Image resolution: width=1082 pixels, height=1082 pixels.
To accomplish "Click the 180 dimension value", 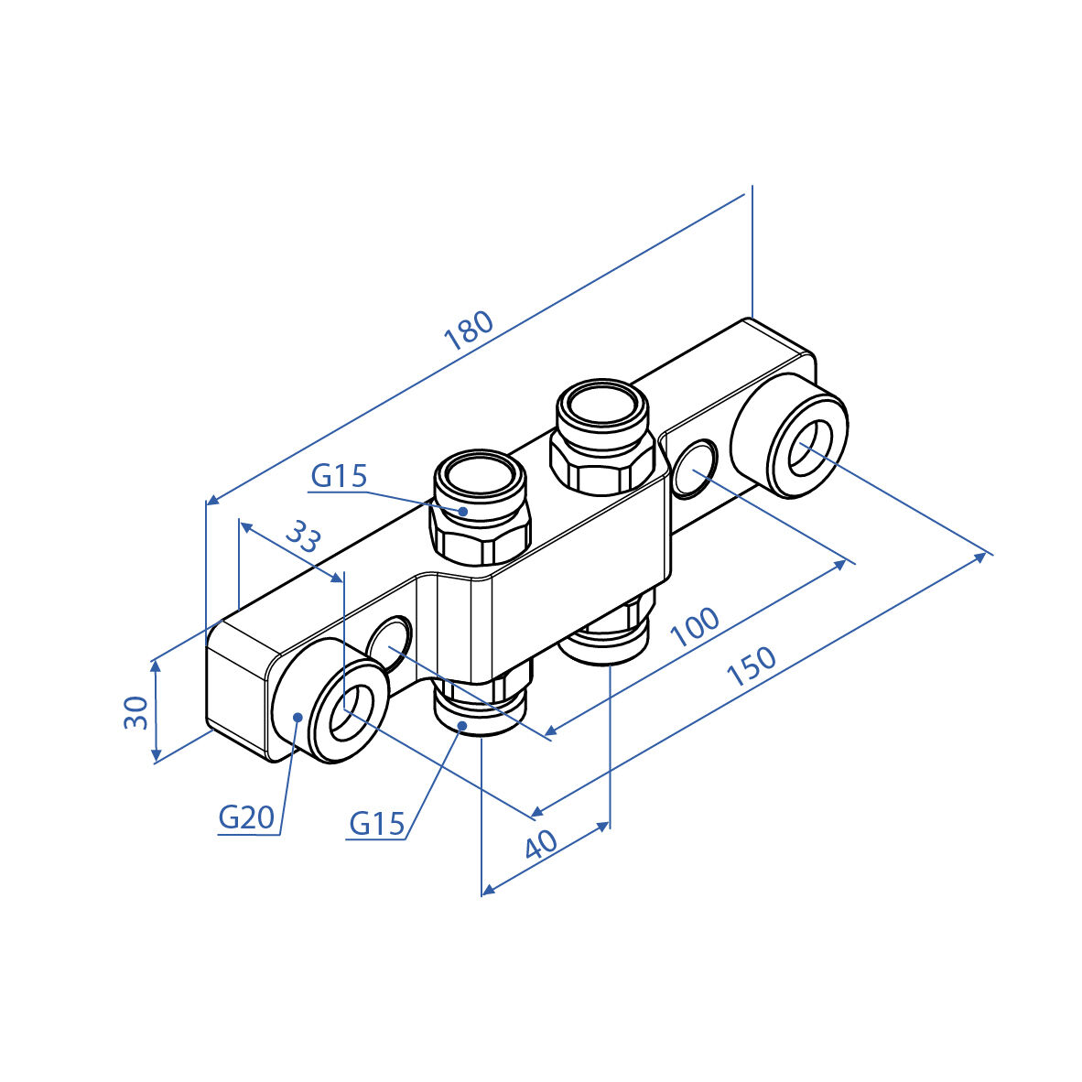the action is click(x=470, y=330).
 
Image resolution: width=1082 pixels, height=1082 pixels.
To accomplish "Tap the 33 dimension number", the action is click(x=304, y=536).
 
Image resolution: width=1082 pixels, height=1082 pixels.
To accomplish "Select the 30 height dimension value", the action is click(x=136, y=712).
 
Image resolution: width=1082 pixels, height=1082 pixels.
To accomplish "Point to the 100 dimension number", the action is click(x=695, y=626).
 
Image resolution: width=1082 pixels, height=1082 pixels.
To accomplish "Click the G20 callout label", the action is click(x=246, y=817).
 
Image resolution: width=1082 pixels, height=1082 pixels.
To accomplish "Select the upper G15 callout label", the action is click(x=339, y=475).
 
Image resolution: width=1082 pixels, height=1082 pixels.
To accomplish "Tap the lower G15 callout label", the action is click(x=377, y=823).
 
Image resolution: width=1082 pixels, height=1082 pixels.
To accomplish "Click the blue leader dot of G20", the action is click(x=298, y=717).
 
